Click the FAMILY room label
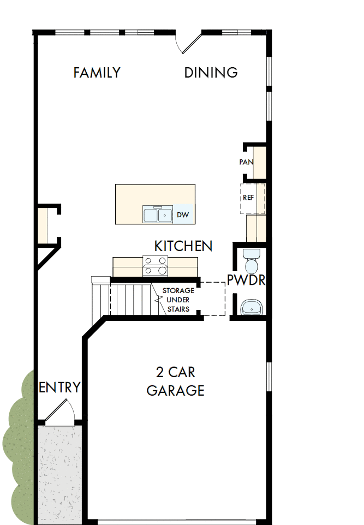97,73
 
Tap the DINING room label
211,73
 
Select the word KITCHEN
183,246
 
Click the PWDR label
246,281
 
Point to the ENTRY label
59,387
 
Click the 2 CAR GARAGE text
175,381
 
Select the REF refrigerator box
252,198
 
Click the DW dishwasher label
183,215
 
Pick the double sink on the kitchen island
158,214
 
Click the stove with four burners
156,266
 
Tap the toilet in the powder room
252,261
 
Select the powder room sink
252,307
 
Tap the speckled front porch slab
59,472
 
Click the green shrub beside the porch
19,448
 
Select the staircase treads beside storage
131,298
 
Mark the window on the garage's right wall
268,377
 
